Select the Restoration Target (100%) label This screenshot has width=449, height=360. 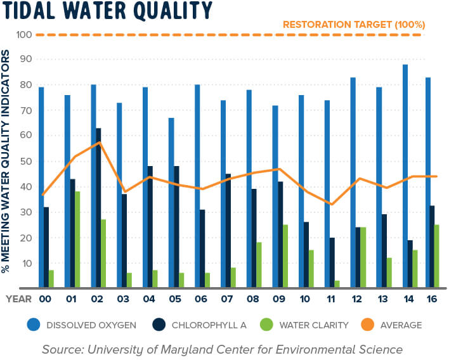pos(353,25)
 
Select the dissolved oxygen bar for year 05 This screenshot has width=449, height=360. pos(171,203)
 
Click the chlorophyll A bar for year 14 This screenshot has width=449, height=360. pos(410,264)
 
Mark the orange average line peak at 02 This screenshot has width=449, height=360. pos(99,143)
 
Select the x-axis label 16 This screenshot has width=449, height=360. pos(431,299)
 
